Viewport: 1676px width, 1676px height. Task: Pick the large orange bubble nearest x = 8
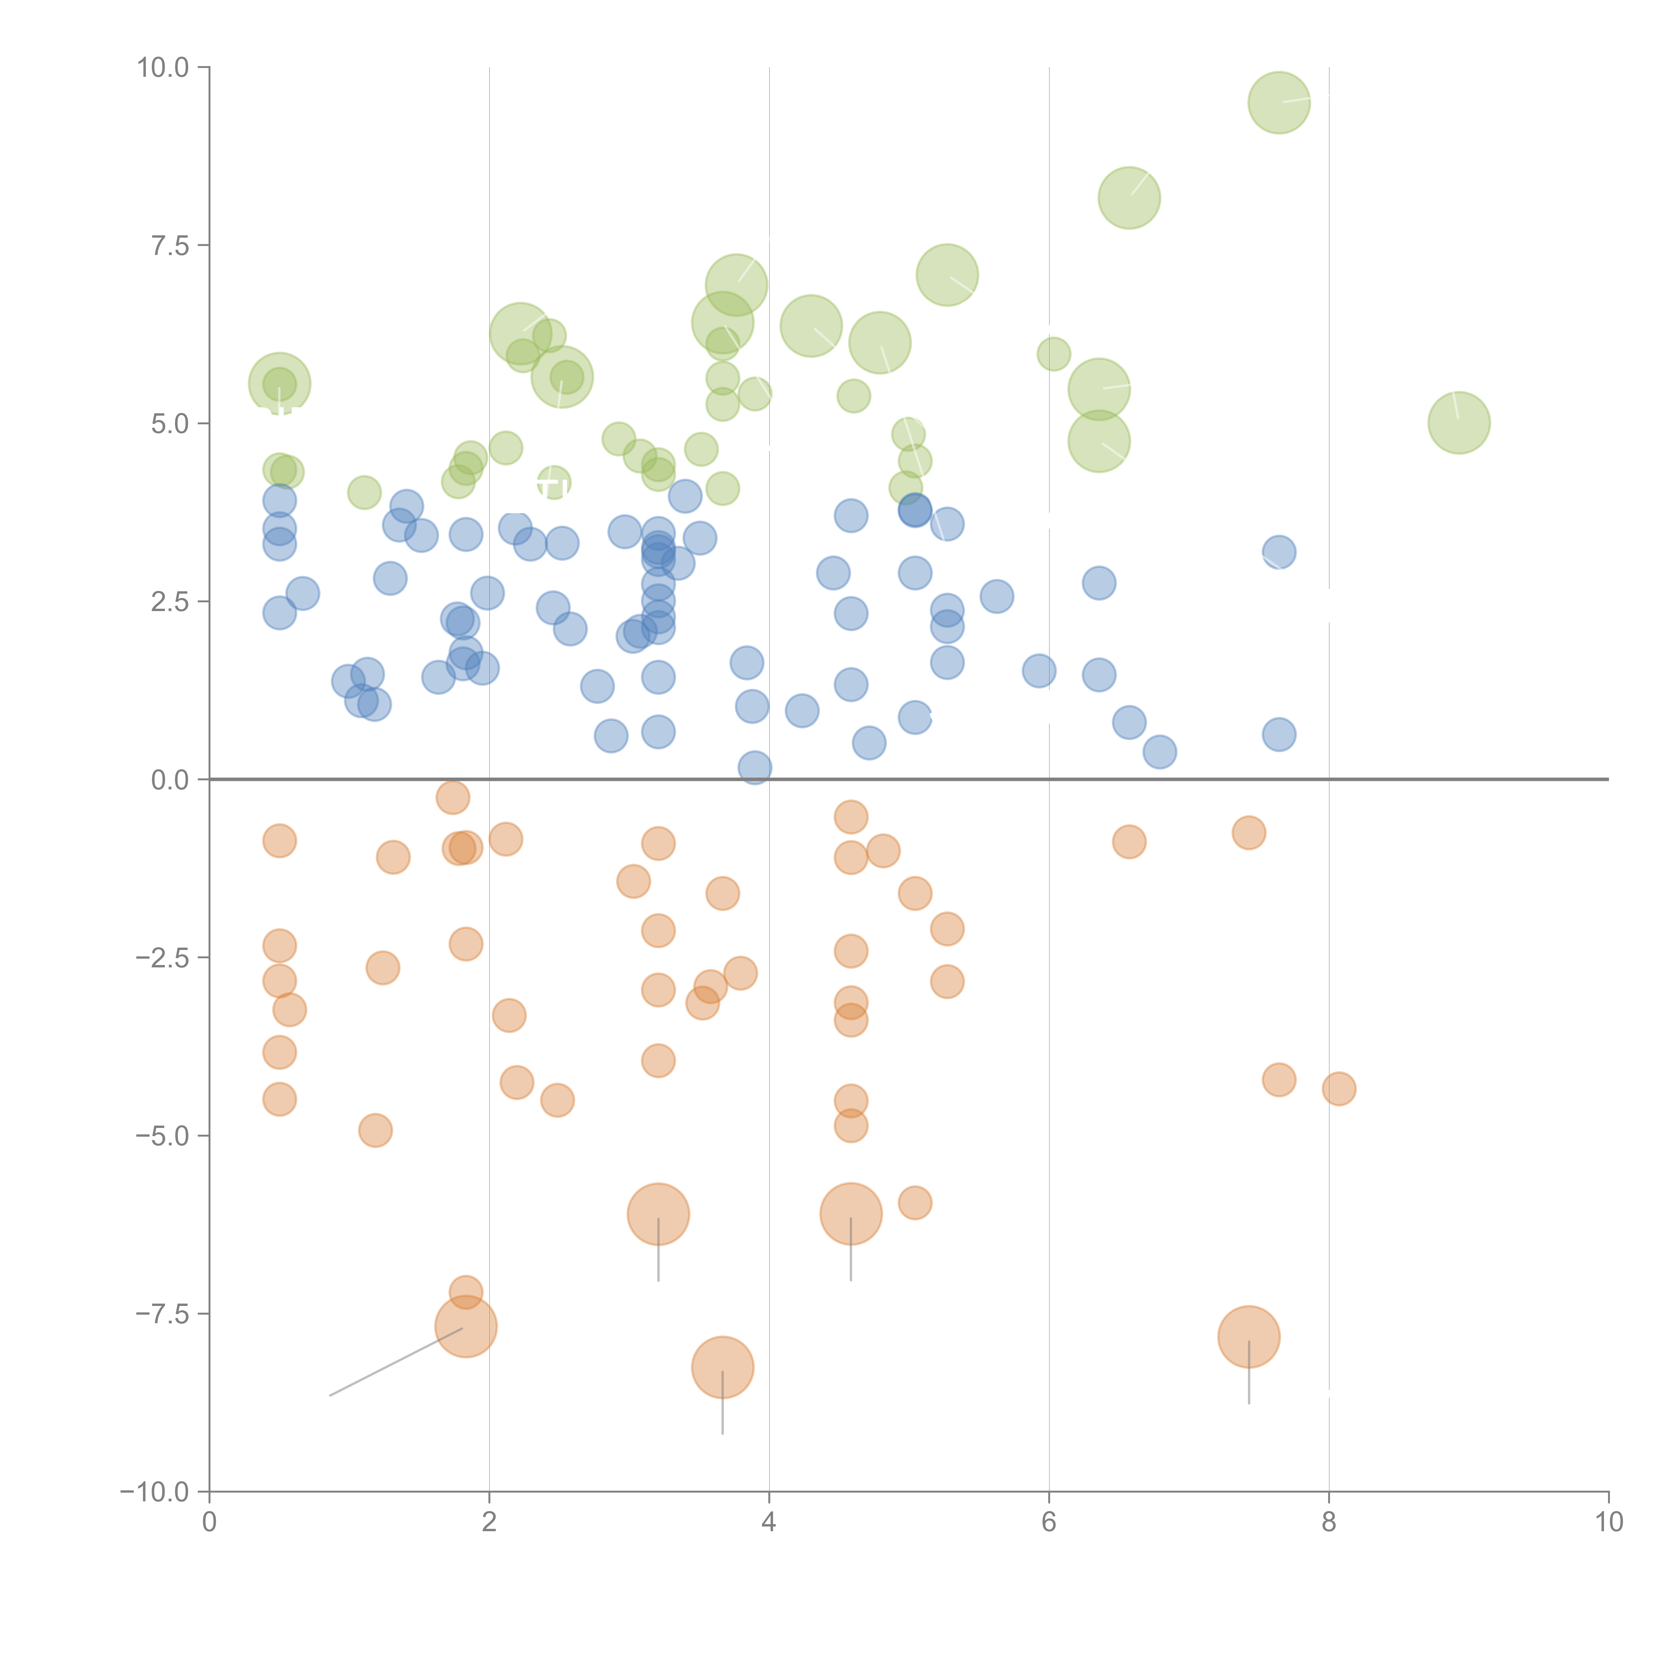(1248, 1337)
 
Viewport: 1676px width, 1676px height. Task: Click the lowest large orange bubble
(723, 1367)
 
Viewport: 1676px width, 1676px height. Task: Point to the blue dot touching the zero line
(755, 767)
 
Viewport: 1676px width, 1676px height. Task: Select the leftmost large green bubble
(279, 383)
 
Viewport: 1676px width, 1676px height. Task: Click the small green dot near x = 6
(1053, 354)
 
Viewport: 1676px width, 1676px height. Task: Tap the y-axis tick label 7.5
(170, 245)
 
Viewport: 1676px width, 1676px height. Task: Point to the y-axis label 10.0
(163, 68)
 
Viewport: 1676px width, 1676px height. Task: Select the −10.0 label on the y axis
(155, 1492)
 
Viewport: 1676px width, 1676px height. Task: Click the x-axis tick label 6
(1049, 1522)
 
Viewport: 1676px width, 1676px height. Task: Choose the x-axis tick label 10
(1608, 1522)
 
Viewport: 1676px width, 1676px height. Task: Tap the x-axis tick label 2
(489, 1522)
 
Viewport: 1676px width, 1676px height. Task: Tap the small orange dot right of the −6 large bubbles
(914, 1202)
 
